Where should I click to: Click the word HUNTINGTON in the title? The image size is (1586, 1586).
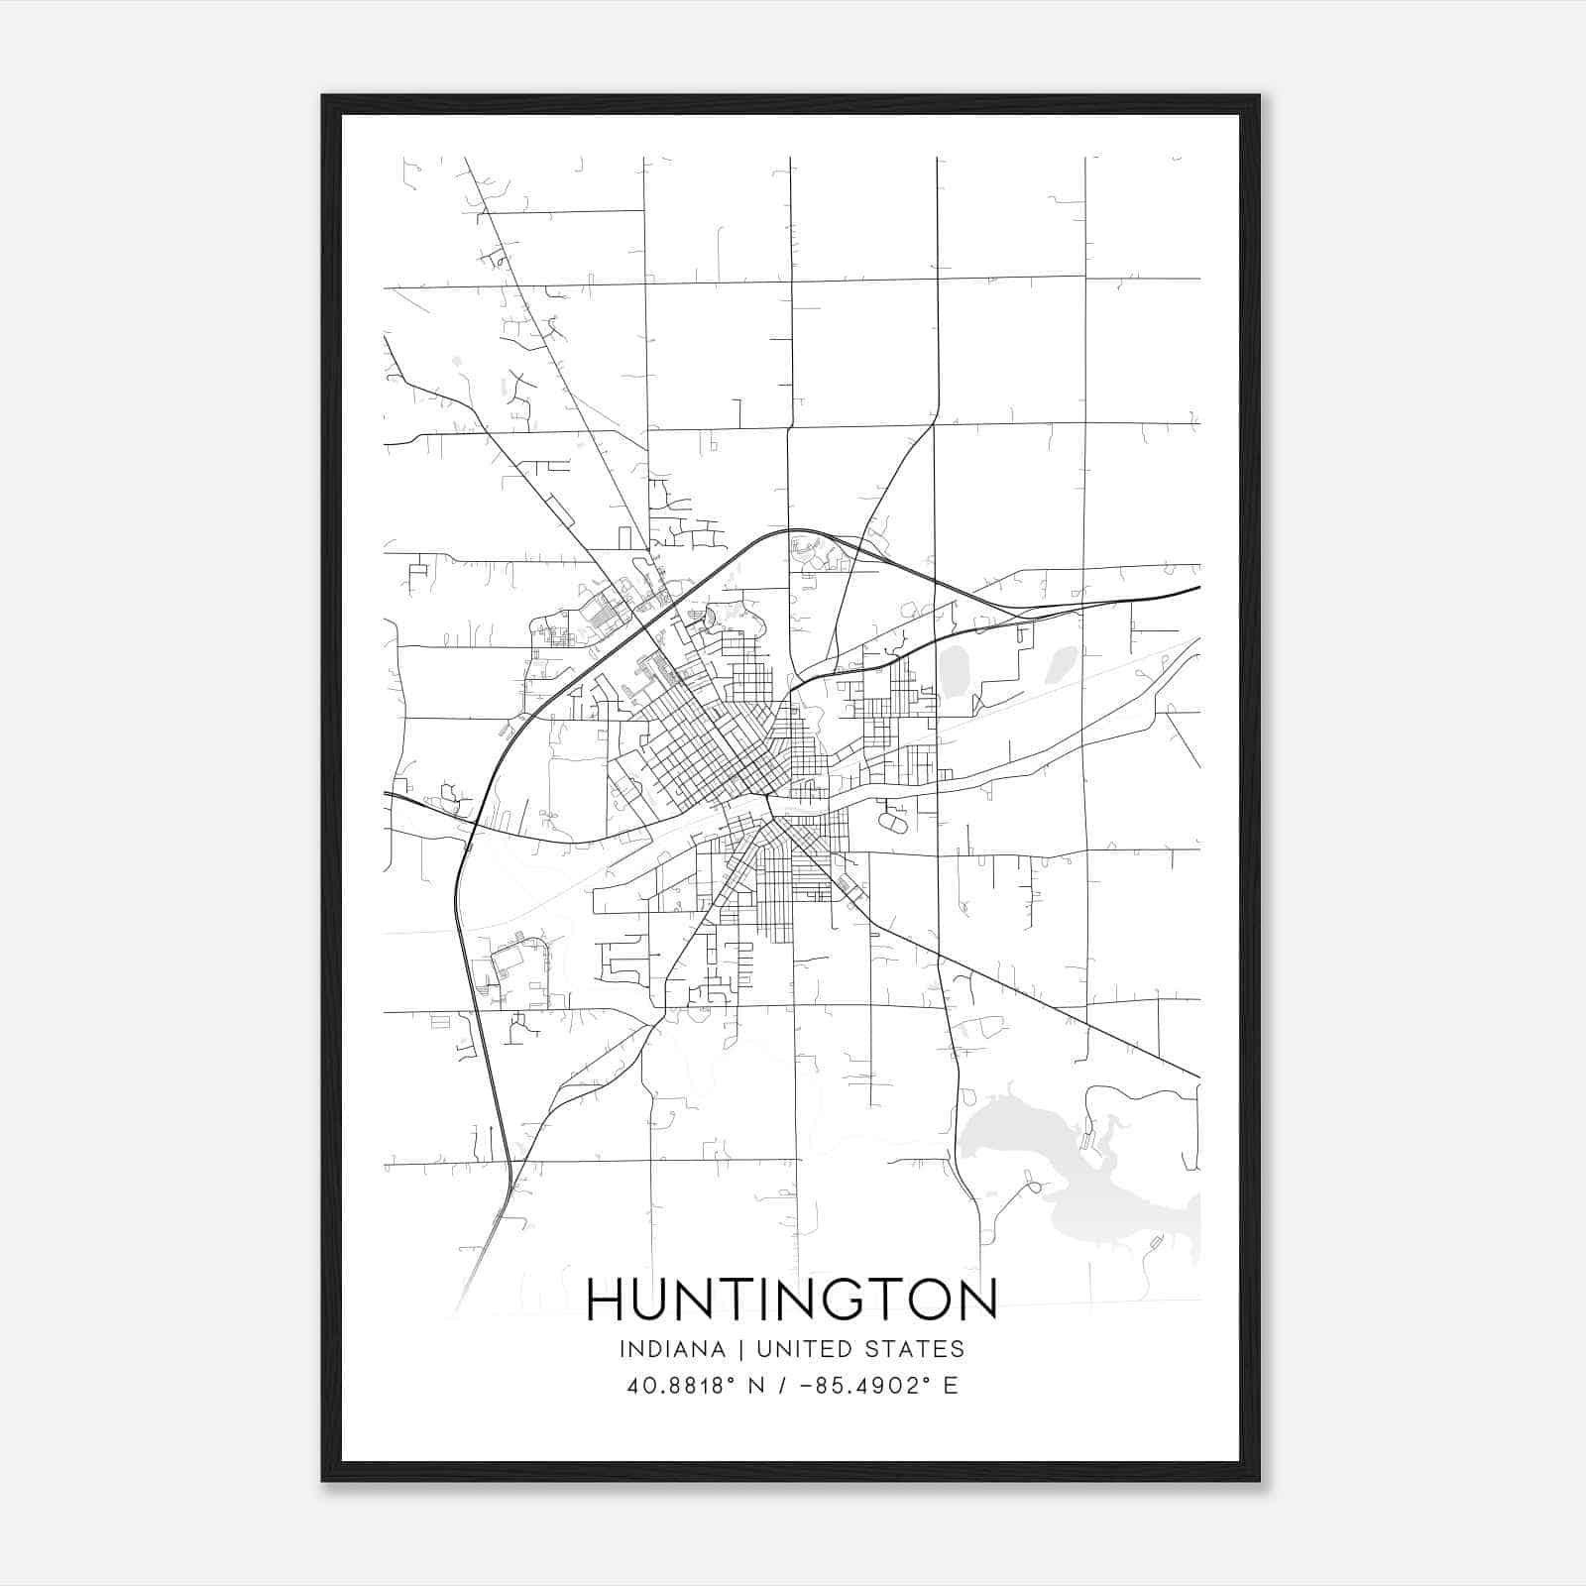tap(791, 1300)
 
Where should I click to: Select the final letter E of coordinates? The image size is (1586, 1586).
tap(951, 1386)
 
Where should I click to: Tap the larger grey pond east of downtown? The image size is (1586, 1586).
tap(955, 672)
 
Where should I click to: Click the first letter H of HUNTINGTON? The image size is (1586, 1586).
tap(604, 1300)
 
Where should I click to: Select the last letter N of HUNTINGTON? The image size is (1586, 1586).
tap(978, 1300)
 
